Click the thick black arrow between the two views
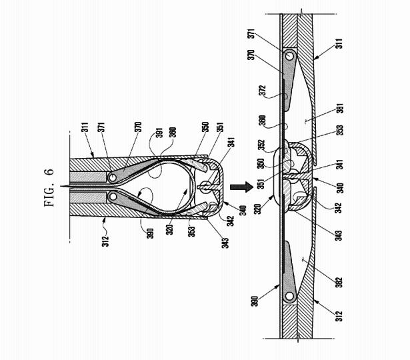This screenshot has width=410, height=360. pos(238,181)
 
